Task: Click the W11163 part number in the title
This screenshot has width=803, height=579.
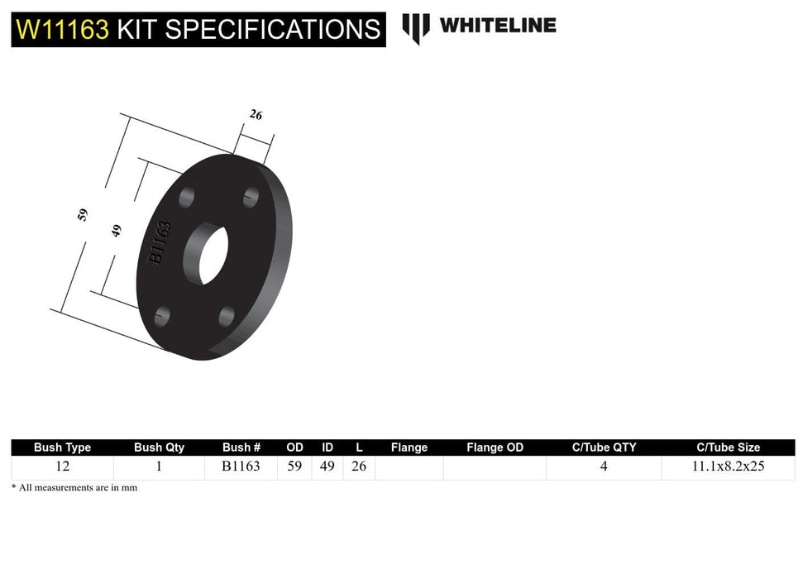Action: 62,30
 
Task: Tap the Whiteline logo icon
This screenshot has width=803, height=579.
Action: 416,27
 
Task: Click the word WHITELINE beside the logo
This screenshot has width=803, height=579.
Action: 497,25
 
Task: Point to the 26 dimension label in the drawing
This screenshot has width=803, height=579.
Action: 256,115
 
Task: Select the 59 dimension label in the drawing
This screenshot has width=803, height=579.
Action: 82,215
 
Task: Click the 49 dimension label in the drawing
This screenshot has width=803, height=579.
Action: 117,231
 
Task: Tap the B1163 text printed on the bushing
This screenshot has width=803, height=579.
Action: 160,243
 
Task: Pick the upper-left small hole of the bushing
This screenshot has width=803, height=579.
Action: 187,199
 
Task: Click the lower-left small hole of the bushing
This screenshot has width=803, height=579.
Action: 162,315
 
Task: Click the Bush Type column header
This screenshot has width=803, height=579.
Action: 63,447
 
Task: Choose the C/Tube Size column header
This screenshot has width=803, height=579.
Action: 728,447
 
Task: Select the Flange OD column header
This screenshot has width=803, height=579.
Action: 495,447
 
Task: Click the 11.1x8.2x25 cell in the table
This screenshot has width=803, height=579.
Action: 728,467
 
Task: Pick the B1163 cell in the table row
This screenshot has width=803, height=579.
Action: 241,467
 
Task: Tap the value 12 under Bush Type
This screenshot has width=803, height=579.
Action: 63,467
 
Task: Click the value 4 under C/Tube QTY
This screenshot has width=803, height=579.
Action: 604,467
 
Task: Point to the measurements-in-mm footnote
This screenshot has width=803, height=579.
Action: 74,488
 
